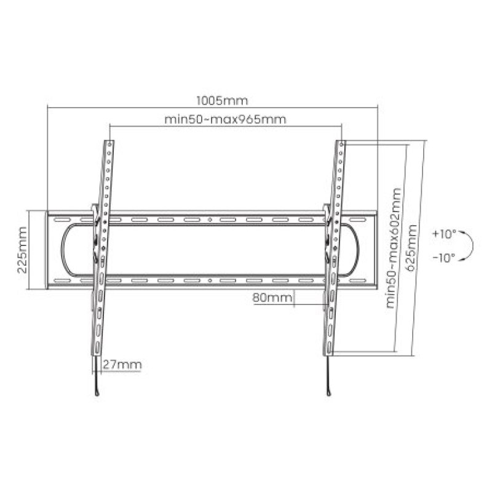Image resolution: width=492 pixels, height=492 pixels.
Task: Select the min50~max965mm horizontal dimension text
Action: pos(225,119)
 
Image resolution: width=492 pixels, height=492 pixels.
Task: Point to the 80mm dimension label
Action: pos(271,298)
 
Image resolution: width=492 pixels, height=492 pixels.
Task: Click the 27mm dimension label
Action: pos(122,365)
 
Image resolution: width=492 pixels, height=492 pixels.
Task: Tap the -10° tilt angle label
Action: pos(444,258)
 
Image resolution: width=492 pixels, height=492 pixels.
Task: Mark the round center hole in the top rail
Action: pos(210,220)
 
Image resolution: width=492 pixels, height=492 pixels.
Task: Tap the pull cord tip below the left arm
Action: pos(97,394)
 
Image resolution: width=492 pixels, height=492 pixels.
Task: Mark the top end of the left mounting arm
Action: pos(109,143)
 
